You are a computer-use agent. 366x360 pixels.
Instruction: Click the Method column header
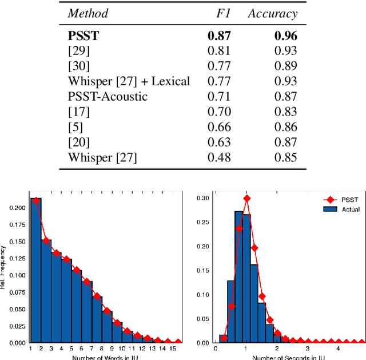click(x=87, y=13)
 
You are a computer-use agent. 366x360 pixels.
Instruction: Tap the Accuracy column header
click(x=273, y=13)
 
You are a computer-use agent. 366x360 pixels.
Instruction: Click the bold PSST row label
click(x=83, y=35)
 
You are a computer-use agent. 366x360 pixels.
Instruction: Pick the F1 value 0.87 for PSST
click(x=219, y=35)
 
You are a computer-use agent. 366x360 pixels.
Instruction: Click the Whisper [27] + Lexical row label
click(x=129, y=81)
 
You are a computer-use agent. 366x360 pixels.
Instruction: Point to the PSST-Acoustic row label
click(x=108, y=96)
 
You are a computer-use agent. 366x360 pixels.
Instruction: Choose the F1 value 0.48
click(x=219, y=157)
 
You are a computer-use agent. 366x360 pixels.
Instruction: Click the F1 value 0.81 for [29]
click(x=219, y=51)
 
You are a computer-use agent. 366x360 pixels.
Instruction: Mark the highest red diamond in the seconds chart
click(x=246, y=198)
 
